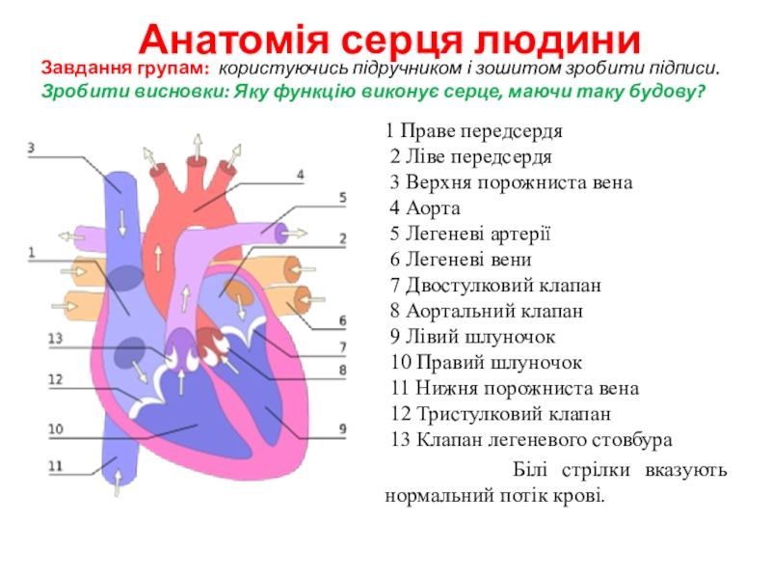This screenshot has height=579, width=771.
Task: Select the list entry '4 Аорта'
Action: [x=426, y=207]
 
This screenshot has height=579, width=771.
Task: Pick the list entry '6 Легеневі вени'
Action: [x=461, y=260]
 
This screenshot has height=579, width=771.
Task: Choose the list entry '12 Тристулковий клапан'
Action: [x=501, y=415]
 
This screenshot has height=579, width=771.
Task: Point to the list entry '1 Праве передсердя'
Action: [x=474, y=130]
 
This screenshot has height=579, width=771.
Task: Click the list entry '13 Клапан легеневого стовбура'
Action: [x=531, y=441]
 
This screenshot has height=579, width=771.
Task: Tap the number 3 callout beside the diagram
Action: [x=31, y=148]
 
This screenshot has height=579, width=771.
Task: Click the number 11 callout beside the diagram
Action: [x=55, y=465]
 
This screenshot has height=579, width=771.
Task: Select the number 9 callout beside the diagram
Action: [x=342, y=427]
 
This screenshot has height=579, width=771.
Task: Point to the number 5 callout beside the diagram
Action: [x=342, y=197]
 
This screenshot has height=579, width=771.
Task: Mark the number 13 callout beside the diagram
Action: [x=55, y=338]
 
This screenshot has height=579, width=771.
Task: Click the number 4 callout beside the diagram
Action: [x=300, y=175]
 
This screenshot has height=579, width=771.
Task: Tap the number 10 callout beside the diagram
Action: [x=55, y=428]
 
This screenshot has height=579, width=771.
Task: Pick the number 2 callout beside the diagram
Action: [x=342, y=237]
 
